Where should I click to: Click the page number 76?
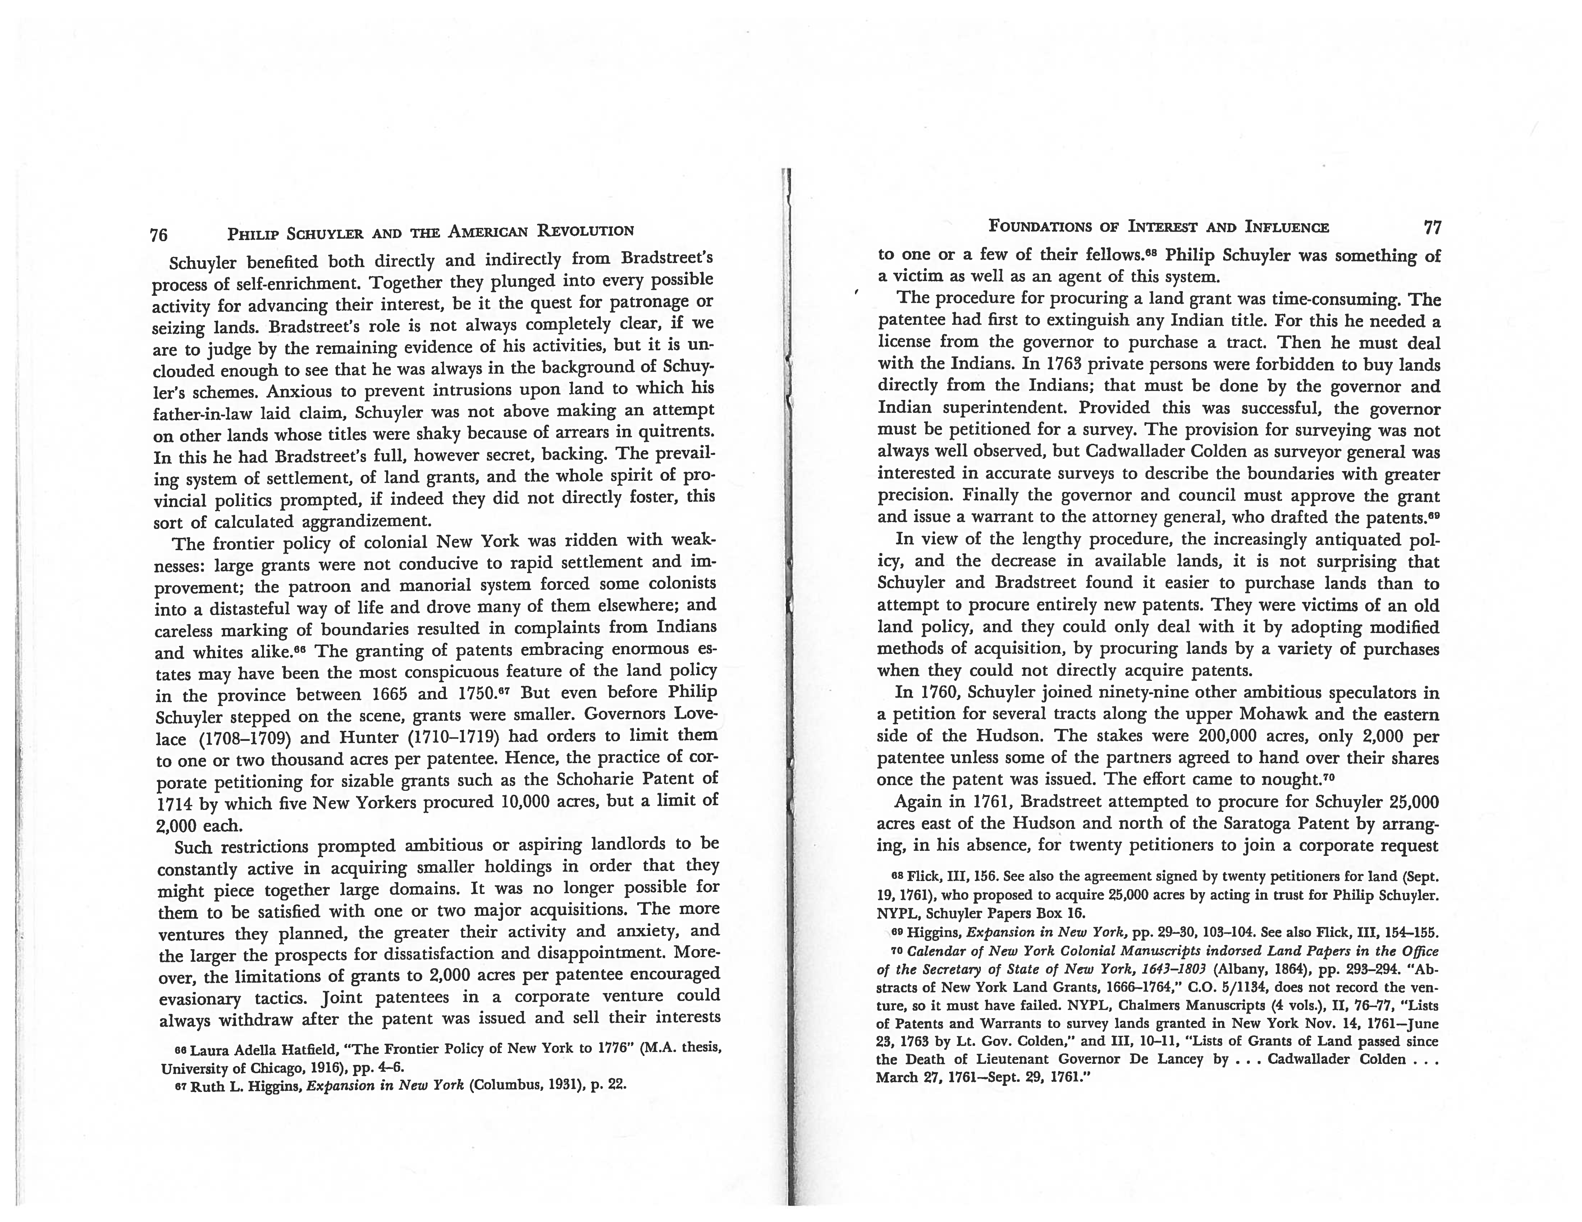159,235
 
